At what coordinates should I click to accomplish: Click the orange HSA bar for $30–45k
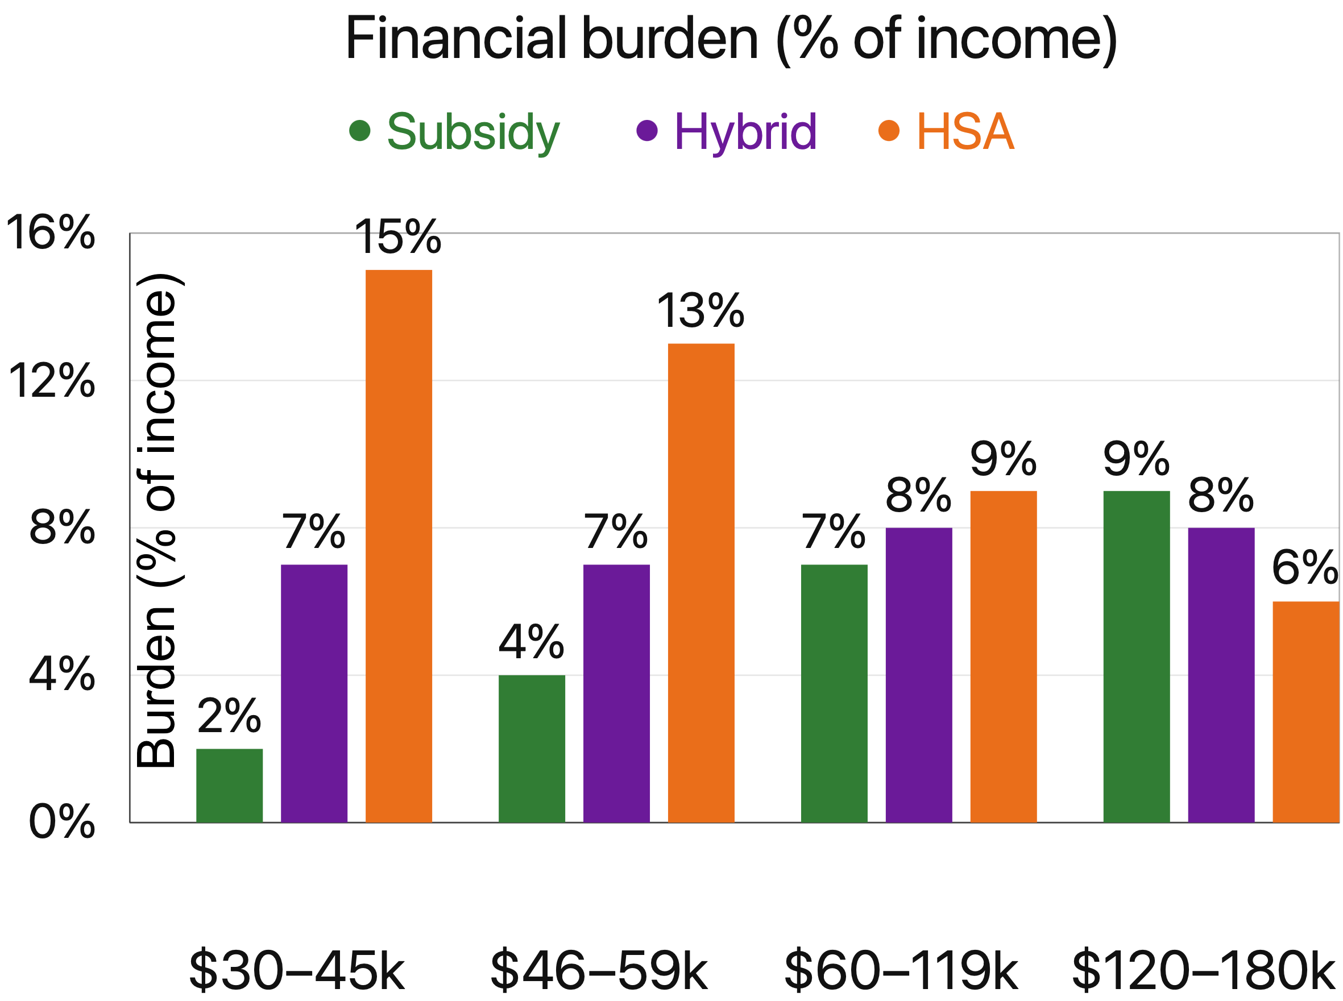tap(398, 545)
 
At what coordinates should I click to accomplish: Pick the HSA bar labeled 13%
tap(700, 582)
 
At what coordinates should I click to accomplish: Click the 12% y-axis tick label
tap(52, 382)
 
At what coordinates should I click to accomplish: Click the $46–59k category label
tap(598, 971)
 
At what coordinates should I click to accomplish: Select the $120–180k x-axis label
tap(1203, 971)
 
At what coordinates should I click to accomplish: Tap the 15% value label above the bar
tap(397, 237)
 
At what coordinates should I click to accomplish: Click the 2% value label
tap(229, 716)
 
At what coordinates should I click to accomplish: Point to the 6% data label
tap(1304, 568)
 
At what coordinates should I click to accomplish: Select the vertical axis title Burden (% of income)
tap(156, 521)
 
